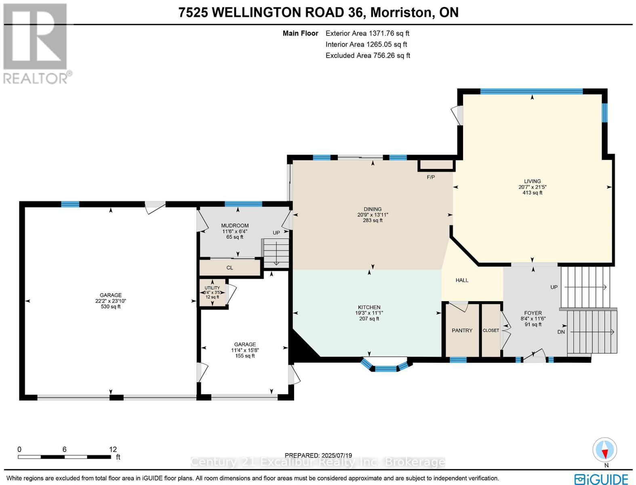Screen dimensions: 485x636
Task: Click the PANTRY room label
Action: (462, 331)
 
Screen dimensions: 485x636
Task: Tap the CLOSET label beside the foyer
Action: (491, 331)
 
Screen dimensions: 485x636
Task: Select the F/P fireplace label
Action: (431, 177)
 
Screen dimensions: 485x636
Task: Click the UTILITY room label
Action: (212, 288)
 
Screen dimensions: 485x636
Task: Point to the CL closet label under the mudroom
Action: (230, 268)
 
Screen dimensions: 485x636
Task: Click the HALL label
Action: (462, 280)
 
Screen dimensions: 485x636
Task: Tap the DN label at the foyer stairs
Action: (561, 332)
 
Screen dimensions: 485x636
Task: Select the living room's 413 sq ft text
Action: (532, 193)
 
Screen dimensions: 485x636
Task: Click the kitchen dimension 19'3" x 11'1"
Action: (369, 313)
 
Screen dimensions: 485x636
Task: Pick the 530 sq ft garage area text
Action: (111, 307)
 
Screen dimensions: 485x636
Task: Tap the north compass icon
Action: (605, 450)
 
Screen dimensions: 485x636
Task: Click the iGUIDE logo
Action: (601, 479)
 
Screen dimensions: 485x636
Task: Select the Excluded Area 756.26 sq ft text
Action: (368, 55)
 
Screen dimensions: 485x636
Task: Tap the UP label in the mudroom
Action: (276, 233)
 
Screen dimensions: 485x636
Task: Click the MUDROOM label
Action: (235, 226)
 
